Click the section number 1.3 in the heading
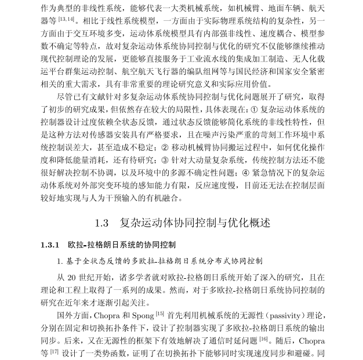pos(102,223)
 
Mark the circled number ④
pos(246,173)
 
